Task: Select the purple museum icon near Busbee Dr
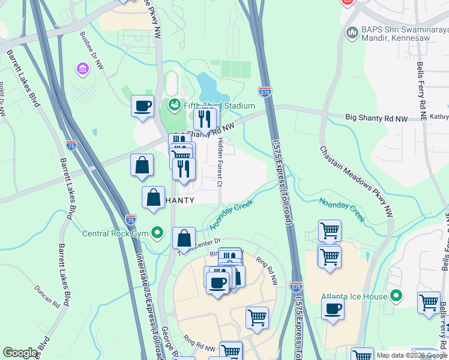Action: click(x=82, y=69)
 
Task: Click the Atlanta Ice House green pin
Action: click(x=396, y=295)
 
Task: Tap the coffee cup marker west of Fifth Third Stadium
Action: click(x=143, y=106)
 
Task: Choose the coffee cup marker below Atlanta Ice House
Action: click(x=332, y=309)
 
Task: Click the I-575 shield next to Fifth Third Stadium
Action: click(x=265, y=92)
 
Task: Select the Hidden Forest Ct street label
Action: click(x=220, y=162)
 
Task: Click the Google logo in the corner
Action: click(x=20, y=353)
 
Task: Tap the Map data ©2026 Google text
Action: click(x=411, y=355)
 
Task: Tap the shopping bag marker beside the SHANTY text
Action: click(x=153, y=197)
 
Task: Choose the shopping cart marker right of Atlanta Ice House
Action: click(x=429, y=302)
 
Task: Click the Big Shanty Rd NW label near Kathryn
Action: click(x=376, y=119)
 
